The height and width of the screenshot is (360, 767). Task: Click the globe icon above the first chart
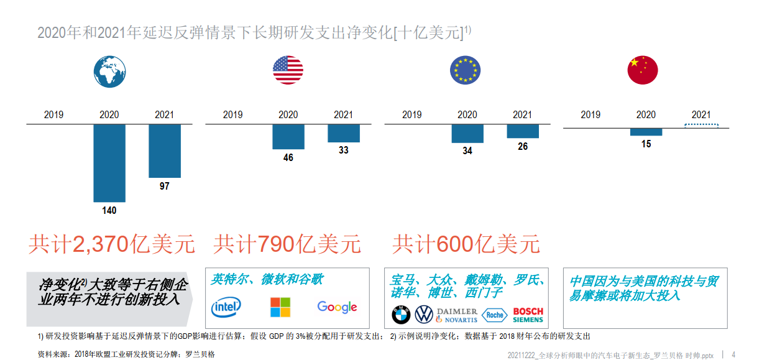tap(109, 70)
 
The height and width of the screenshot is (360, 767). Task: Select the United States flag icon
tap(288, 70)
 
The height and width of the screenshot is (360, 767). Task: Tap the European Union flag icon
tap(465, 70)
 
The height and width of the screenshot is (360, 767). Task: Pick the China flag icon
tap(643, 70)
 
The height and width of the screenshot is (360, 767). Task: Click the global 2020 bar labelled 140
tap(109, 163)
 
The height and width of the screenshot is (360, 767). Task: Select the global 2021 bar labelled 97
tap(165, 151)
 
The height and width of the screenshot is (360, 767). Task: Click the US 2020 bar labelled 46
tap(288, 137)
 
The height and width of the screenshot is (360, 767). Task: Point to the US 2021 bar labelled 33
tap(344, 133)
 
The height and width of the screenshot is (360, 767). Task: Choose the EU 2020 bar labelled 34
tap(467, 134)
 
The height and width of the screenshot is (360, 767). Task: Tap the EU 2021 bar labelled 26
tap(523, 131)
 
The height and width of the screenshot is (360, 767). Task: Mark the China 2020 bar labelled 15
tap(646, 132)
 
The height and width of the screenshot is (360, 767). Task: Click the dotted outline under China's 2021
tap(701, 126)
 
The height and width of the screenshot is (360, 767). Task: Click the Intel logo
tap(226, 307)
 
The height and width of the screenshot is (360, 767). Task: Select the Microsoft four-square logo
tap(280, 307)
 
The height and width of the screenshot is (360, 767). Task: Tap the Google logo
tap(337, 307)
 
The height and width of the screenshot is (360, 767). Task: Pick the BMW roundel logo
tap(401, 315)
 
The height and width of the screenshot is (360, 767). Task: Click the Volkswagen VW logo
tap(424, 315)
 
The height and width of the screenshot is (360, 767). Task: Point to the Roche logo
tap(495, 315)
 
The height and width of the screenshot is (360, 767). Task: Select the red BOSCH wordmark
tap(528, 311)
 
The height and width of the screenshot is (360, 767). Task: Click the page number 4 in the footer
tap(733, 354)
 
